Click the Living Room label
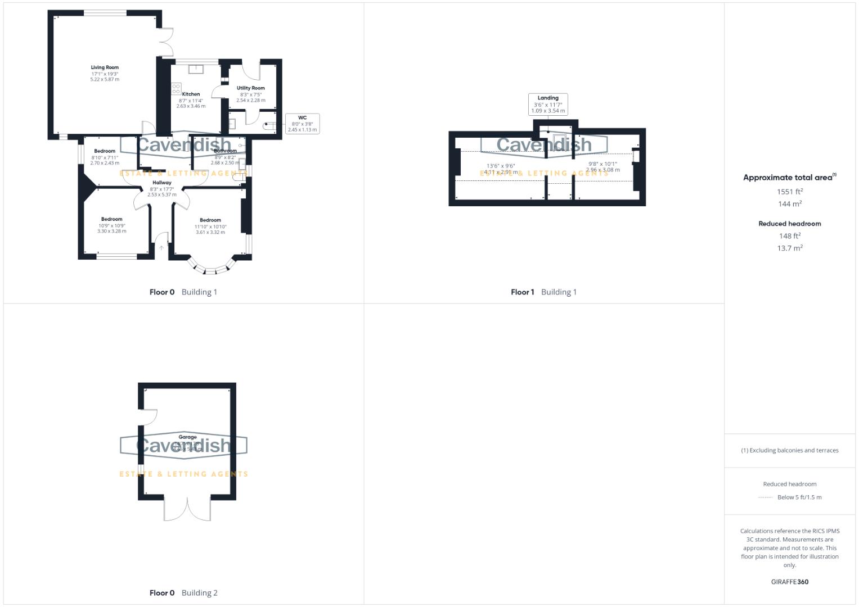click(x=105, y=67)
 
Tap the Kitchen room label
click(x=191, y=94)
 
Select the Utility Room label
click(x=250, y=88)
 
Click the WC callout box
click(x=303, y=124)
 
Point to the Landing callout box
click(x=548, y=105)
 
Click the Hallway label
click(x=161, y=183)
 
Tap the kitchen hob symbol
click(x=176, y=88)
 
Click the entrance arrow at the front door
click(x=161, y=248)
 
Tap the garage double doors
click(x=187, y=509)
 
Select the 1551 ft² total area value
click(x=789, y=192)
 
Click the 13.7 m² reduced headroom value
click(x=789, y=248)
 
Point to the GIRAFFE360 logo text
click(x=789, y=582)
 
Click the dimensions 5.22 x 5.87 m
click(x=105, y=80)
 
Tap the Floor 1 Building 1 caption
click(x=543, y=292)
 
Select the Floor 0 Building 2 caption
click(x=183, y=593)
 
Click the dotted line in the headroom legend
click(x=766, y=497)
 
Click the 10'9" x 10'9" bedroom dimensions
click(x=111, y=225)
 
